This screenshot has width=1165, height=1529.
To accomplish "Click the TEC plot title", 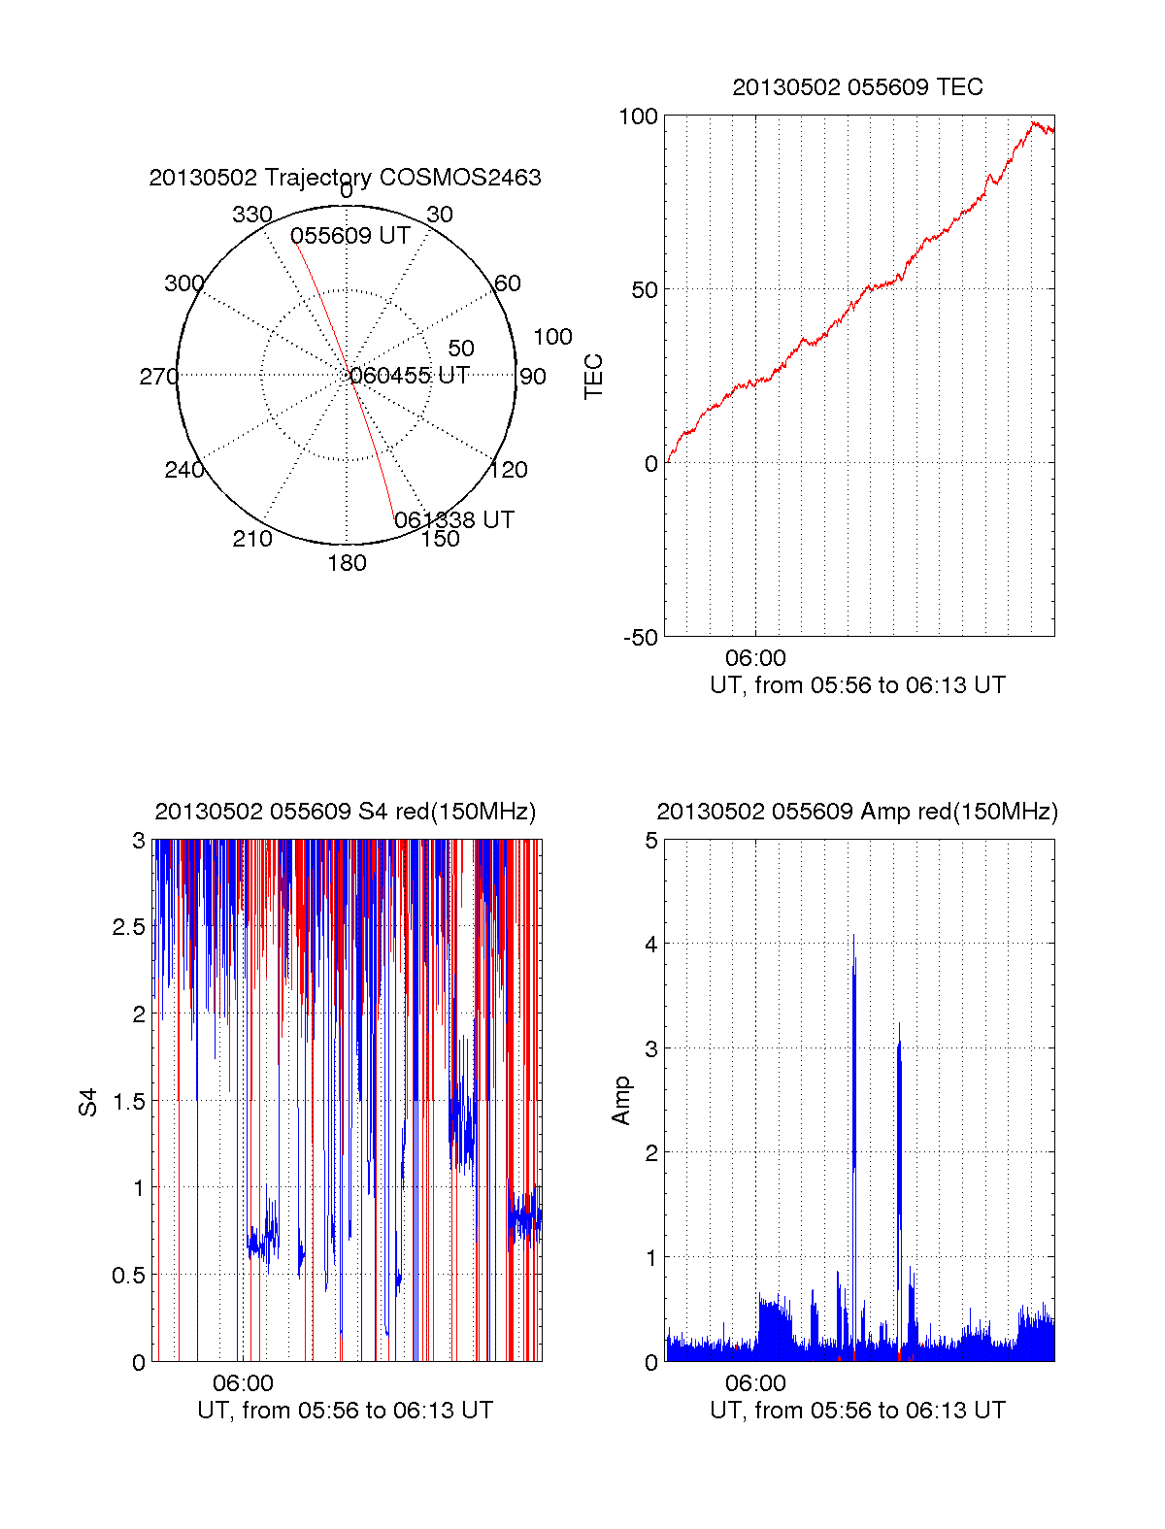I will (x=857, y=87).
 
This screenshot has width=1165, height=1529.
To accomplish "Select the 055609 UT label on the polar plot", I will (x=349, y=236).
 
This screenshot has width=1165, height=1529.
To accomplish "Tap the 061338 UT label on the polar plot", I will (x=454, y=520).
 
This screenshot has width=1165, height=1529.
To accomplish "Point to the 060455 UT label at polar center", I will (x=410, y=376).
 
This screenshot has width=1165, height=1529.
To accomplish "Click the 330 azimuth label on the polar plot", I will (x=251, y=215).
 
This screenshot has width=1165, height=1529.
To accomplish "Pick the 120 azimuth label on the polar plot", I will (x=509, y=470).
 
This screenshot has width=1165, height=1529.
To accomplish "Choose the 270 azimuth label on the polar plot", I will (x=158, y=377).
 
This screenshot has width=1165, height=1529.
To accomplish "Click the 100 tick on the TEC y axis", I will (x=638, y=116).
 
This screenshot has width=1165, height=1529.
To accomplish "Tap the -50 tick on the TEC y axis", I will (x=641, y=638).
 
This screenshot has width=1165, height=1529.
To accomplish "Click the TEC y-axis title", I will (x=594, y=377).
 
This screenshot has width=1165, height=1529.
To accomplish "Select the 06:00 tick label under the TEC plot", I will (x=755, y=659).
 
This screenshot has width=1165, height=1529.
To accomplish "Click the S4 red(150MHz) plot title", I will (x=345, y=812).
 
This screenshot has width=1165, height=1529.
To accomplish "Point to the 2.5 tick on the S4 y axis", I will (x=129, y=927).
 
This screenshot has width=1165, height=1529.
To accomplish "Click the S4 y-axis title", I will (x=88, y=1102).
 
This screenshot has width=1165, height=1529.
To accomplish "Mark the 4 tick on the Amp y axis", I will (x=651, y=945).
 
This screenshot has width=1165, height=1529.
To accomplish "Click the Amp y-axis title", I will (x=621, y=1101).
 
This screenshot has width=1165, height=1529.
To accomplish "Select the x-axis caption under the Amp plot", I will (x=857, y=1411).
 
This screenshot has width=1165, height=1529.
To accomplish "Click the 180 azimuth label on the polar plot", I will (x=347, y=563).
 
